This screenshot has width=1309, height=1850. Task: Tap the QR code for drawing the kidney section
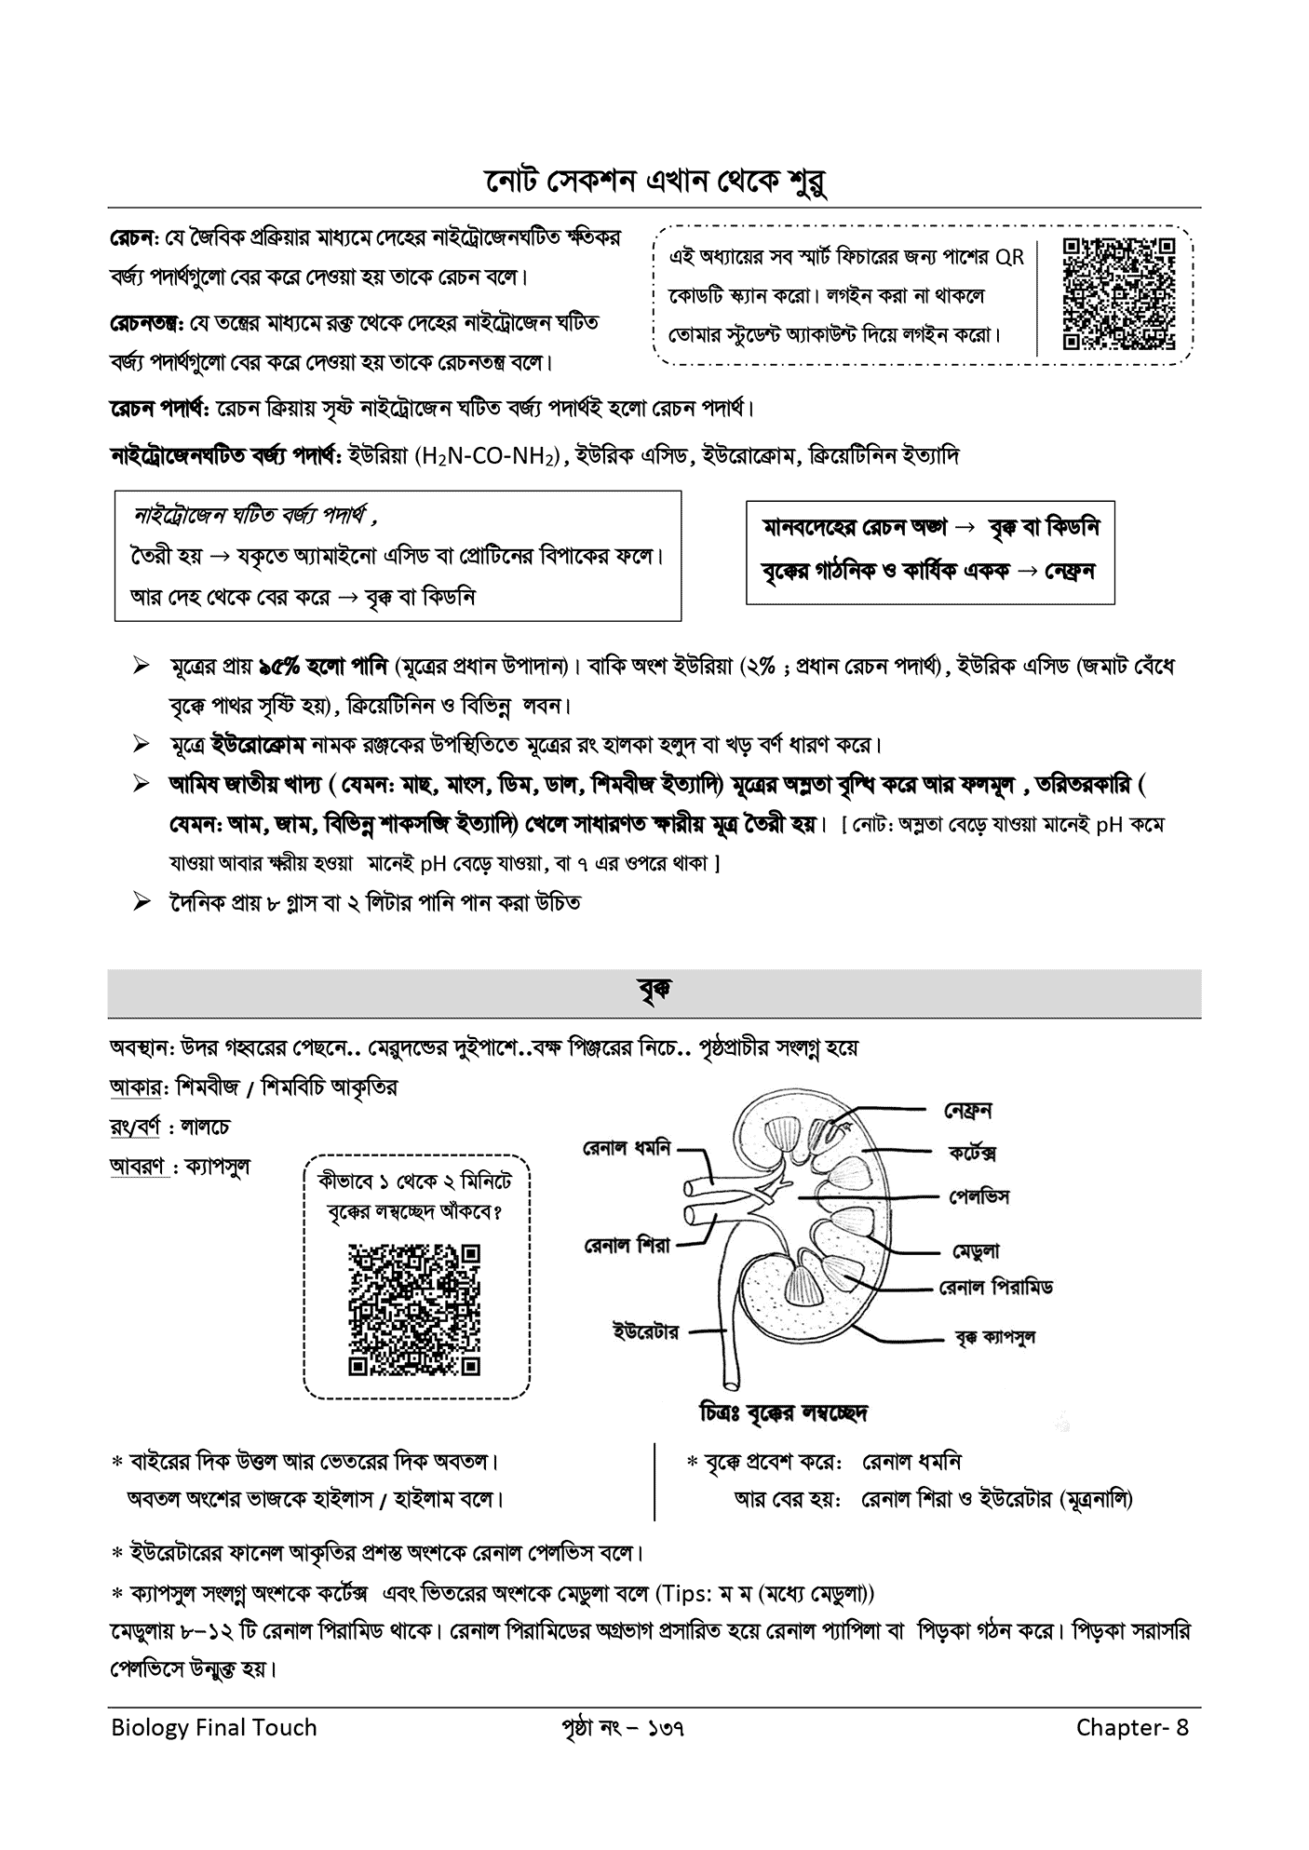pos(414,1309)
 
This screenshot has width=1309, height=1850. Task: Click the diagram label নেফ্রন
pos(967,1110)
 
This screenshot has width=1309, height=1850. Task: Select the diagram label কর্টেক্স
pos(972,1153)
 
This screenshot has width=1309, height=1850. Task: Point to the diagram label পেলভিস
pos(979,1195)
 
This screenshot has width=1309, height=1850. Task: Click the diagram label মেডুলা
pos(975,1250)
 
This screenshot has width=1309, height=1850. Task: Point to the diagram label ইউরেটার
pos(645,1330)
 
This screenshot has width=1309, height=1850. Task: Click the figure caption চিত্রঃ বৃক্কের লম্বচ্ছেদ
pos(783,1413)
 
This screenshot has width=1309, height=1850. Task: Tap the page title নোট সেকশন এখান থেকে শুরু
pos(654,182)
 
